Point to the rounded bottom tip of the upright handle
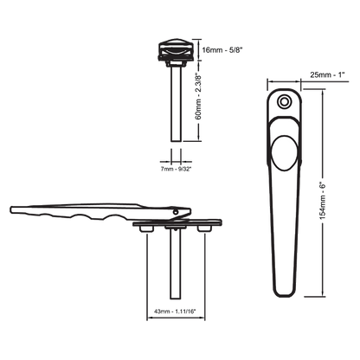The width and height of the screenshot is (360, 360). [x=284, y=295]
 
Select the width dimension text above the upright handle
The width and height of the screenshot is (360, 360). [x=322, y=78]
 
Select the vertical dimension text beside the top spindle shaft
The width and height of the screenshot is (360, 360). [x=200, y=104]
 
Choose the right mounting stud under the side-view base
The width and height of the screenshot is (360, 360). [x=205, y=228]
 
